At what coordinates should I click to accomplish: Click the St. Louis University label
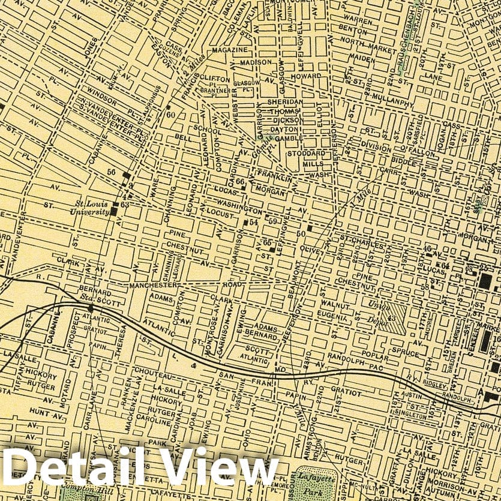[88, 207]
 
